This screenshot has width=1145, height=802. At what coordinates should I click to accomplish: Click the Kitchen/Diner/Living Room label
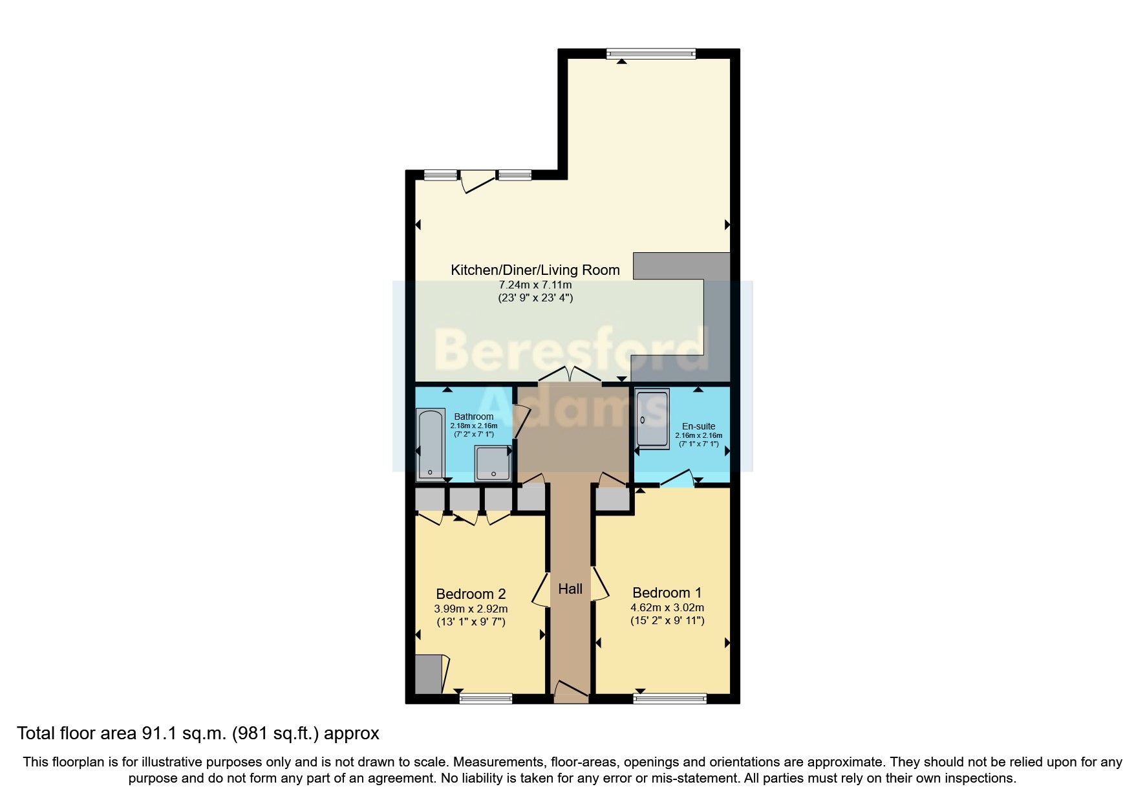[535, 270]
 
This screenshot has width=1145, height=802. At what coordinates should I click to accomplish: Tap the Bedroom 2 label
[470, 594]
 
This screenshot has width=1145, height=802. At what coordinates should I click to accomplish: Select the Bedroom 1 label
[667, 592]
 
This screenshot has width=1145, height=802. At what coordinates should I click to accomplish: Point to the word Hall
[570, 589]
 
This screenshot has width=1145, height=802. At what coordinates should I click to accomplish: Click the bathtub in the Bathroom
[430, 445]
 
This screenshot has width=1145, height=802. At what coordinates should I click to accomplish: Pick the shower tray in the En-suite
[652, 418]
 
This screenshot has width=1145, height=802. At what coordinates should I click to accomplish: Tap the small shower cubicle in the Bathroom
[493, 463]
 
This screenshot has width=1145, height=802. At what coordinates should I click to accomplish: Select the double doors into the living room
[570, 375]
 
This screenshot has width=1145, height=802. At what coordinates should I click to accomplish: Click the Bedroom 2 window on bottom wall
[486, 698]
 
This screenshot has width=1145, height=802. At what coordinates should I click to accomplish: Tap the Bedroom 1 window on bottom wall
[670, 698]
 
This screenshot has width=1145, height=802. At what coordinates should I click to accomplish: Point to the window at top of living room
[650, 54]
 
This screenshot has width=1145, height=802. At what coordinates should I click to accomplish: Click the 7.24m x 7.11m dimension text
[535, 285]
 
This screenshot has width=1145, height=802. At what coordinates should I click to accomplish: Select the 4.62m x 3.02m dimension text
[667, 607]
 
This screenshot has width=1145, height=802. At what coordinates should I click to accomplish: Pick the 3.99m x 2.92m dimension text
[470, 609]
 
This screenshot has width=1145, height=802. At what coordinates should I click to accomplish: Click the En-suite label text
[698, 426]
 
